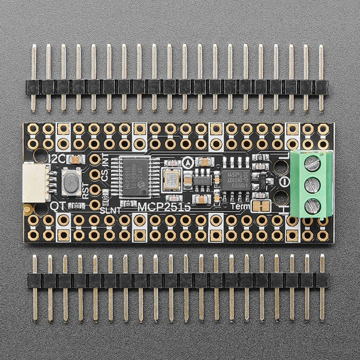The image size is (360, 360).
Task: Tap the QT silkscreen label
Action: pyautogui.click(x=57, y=205)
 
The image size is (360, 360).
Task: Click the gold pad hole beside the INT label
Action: pyautogui.click(x=95, y=160)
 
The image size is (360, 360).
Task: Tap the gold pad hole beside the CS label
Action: pyautogui.click(x=95, y=175)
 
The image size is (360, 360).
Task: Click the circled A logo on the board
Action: pyautogui.click(x=187, y=161)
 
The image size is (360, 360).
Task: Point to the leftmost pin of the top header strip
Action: pyautogui.click(x=34, y=78)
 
